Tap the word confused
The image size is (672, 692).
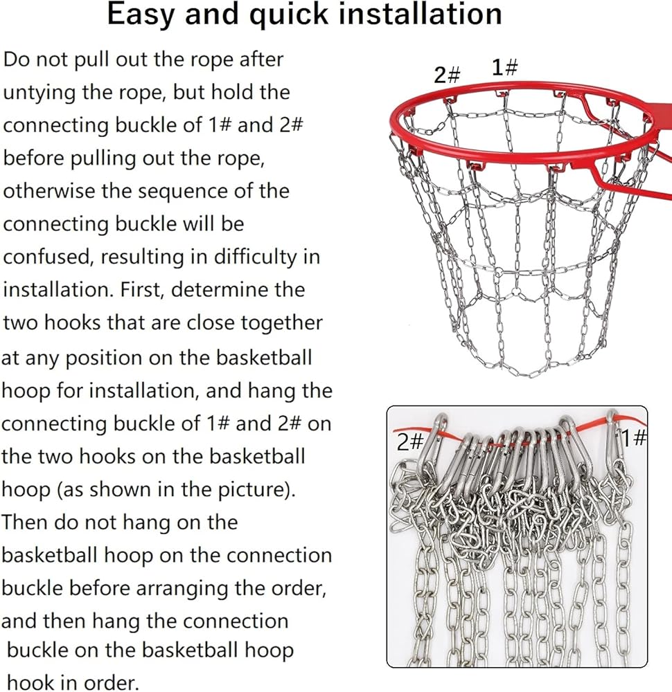[x=48, y=257]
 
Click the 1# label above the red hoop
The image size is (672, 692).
[x=505, y=68]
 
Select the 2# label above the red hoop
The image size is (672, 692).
[x=448, y=75]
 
